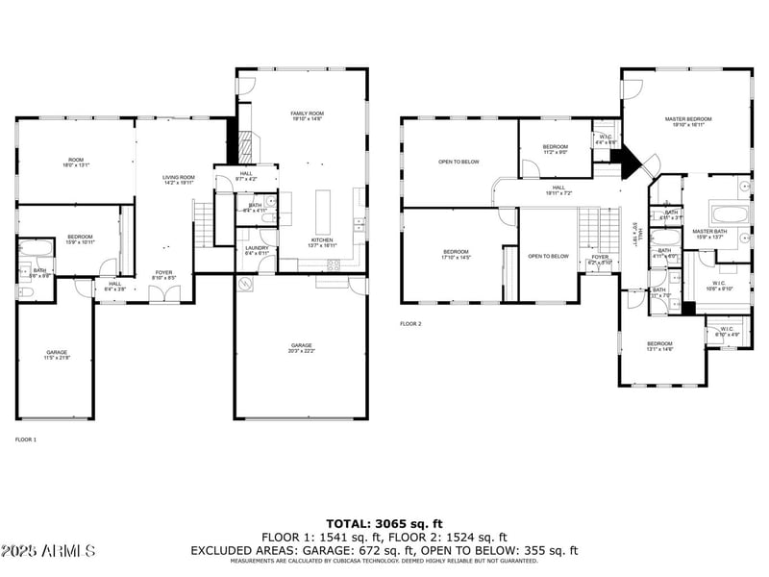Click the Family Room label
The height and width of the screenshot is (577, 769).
[308, 117]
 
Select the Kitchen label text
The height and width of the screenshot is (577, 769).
[321, 242]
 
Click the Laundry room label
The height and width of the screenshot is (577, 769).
[257, 250]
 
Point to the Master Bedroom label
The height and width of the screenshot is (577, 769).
[685, 121]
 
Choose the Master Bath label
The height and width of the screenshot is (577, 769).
[709, 234]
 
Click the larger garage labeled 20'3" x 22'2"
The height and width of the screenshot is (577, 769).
[301, 348]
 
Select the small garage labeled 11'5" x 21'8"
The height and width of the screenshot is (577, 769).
[57, 356]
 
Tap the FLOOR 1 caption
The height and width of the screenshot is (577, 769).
[26, 439]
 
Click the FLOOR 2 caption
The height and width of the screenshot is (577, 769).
[410, 324]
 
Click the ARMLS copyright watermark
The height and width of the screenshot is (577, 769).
[48, 551]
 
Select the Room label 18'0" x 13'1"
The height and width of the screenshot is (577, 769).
[76, 163]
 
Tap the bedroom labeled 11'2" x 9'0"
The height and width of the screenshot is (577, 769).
[556, 149]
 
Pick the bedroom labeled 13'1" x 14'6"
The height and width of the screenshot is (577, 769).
[659, 346]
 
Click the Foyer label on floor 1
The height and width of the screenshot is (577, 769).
[164, 275]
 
